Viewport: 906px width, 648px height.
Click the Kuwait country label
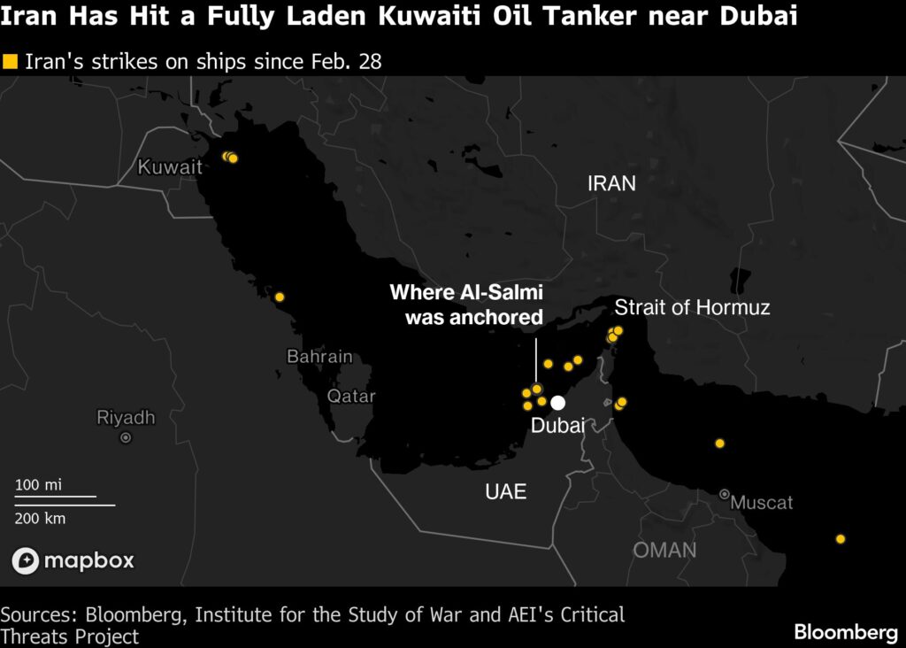click(170, 166)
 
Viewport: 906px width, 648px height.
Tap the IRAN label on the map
click(611, 183)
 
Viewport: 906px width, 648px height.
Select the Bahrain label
click(319, 357)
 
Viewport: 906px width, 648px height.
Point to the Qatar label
click(351, 396)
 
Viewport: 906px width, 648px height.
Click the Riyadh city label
click(126, 418)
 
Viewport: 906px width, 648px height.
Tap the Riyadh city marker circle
click(126, 437)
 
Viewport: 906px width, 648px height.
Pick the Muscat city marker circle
click(725, 494)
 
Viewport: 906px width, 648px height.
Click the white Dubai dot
click(558, 403)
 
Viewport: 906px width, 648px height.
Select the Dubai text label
click(557, 426)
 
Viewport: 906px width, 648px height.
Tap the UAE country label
click(506, 492)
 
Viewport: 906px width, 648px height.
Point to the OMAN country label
click(664, 550)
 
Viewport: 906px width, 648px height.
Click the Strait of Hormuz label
click(692, 308)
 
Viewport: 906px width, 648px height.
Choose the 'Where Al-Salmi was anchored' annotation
click(466, 305)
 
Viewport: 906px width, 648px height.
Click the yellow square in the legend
click(11, 61)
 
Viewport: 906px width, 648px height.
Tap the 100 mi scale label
click(39, 485)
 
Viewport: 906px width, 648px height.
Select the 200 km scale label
click(41, 518)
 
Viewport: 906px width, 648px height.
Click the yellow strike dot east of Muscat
click(841, 539)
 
